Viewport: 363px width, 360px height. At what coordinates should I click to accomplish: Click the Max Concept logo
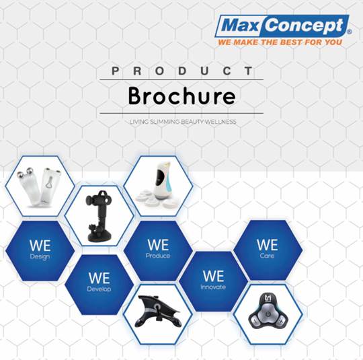[283, 26]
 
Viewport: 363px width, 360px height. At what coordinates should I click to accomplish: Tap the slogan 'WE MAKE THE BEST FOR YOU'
[280, 42]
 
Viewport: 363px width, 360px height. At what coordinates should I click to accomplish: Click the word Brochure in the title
[182, 96]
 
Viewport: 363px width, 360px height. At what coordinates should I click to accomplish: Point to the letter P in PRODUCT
[115, 71]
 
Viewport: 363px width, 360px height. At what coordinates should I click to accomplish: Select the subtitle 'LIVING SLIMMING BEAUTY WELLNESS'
[183, 122]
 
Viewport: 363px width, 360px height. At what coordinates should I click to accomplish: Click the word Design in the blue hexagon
[40, 257]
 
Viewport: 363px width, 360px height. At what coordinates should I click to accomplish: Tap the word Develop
[99, 289]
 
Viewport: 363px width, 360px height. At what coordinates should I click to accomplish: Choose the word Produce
[158, 256]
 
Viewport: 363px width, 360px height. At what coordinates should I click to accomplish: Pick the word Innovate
[213, 287]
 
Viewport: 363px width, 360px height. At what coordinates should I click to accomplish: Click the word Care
[267, 256]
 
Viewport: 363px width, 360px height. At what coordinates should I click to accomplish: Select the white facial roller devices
[39, 186]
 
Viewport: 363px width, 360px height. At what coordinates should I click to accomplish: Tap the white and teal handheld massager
[162, 181]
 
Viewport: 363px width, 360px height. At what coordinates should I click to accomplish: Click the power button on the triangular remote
[268, 314]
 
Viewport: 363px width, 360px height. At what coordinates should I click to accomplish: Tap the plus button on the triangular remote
[281, 322]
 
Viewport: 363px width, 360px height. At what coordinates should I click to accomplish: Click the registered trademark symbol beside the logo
[350, 32]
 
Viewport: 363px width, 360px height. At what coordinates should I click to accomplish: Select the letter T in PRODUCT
[249, 71]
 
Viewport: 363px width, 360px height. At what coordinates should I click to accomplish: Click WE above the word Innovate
[213, 276]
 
